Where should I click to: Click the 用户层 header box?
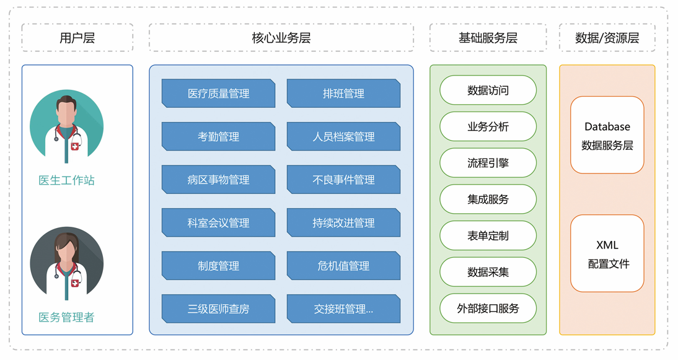(77, 38)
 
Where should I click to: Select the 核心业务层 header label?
(281, 38)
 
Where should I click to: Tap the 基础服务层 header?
(488, 38)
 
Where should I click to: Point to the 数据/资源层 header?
(607, 38)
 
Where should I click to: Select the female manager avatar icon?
(67, 263)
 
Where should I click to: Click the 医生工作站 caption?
(67, 180)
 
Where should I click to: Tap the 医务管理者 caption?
(67, 317)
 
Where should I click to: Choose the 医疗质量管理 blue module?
(218, 94)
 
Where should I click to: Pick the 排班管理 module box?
(343, 94)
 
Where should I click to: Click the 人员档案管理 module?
(343, 136)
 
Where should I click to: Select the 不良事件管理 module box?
(343, 180)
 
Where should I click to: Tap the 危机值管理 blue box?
(343, 266)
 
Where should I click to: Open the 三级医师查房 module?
(218, 309)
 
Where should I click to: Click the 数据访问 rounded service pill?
(488, 90)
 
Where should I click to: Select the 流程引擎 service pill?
(488, 163)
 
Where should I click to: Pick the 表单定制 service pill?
(488, 235)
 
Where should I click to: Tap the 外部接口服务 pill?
(488, 308)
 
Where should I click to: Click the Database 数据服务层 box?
(607, 135)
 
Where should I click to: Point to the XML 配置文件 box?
(607, 253)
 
